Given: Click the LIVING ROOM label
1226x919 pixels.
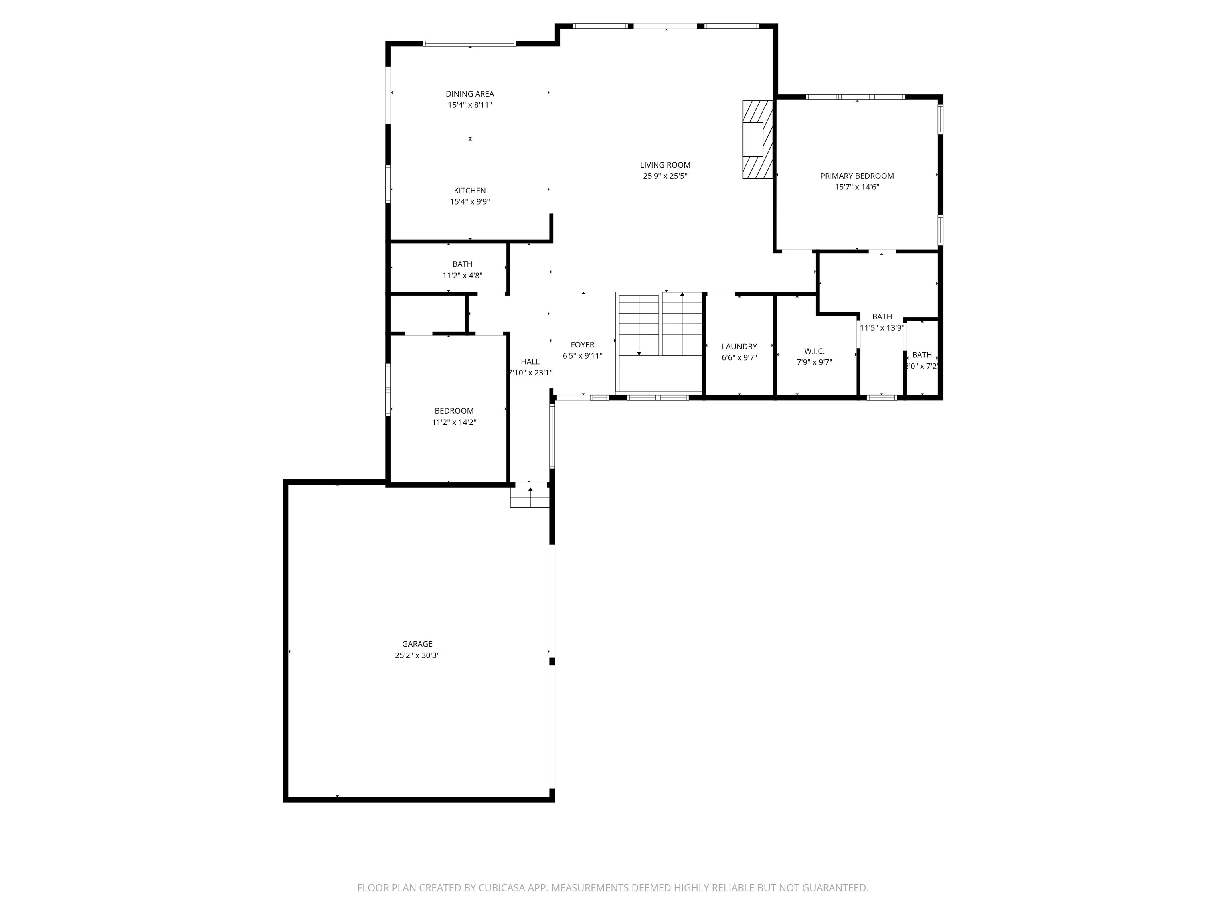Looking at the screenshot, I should tap(665, 164).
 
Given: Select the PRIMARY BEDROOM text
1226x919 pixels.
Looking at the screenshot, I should tap(857, 176).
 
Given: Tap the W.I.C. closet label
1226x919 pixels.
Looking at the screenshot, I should tap(814, 351).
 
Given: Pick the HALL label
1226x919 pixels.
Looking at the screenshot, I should tap(530, 361).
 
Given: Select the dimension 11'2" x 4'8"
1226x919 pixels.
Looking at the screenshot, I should tap(462, 275).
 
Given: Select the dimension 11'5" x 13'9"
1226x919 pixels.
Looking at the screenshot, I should tap(882, 327).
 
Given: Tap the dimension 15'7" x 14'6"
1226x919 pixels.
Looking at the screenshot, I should tap(857, 187).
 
